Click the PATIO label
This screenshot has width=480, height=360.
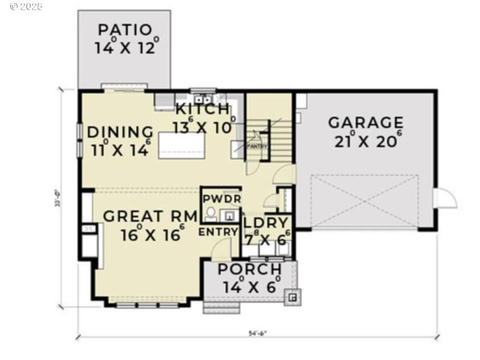pyautogui.click(x=124, y=29)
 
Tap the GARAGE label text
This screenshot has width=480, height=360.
pyautogui.click(x=365, y=122)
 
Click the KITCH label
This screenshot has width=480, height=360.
pyautogui.click(x=202, y=110)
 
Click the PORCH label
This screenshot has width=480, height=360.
pyautogui.click(x=249, y=269)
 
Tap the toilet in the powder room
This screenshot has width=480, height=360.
pyautogui.click(x=210, y=213)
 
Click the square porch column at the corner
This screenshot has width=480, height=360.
pyautogui.click(x=292, y=296)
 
